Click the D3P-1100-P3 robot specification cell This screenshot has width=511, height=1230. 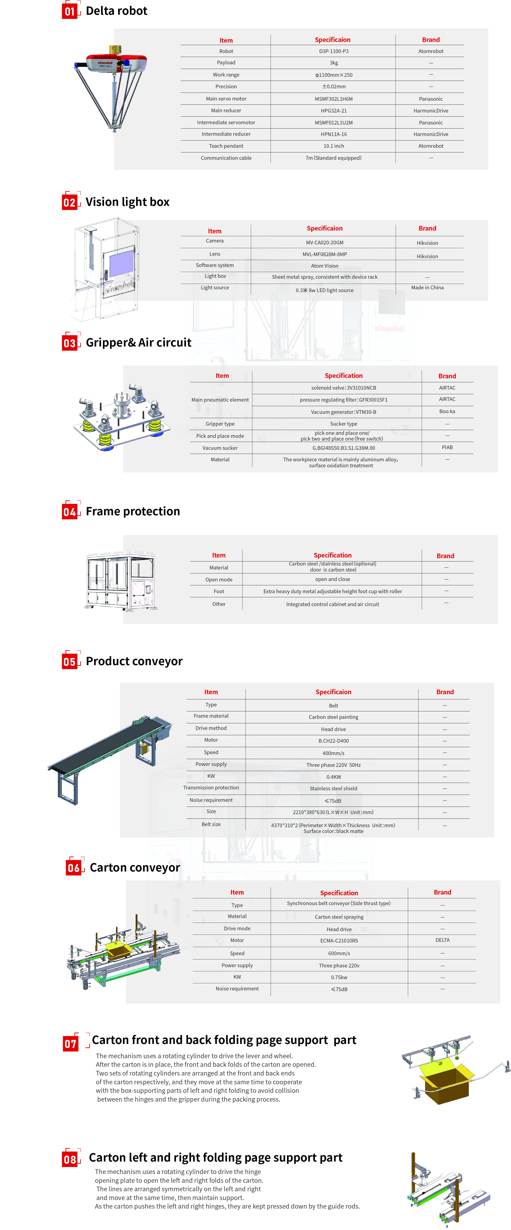(x=333, y=51)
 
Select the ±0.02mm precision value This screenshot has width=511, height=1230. (x=333, y=86)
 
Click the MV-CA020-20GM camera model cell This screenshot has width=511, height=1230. (x=324, y=243)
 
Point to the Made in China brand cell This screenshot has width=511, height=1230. (x=427, y=287)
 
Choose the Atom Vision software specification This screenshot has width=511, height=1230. (x=324, y=266)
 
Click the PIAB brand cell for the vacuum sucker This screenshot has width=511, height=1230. (x=447, y=448)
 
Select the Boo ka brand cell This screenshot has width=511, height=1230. (x=447, y=411)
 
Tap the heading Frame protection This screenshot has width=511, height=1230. (x=133, y=511)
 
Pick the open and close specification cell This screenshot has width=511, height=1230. (x=332, y=579)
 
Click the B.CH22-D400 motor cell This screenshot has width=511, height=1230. (x=333, y=741)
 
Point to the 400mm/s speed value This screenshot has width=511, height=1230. (x=333, y=753)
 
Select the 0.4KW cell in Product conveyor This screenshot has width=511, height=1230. (x=333, y=777)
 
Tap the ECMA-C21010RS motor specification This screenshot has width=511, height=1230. (x=339, y=941)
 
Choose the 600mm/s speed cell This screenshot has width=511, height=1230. (x=339, y=953)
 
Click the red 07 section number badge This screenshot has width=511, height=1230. (x=71, y=1044)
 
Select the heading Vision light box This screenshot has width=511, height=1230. (x=128, y=202)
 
